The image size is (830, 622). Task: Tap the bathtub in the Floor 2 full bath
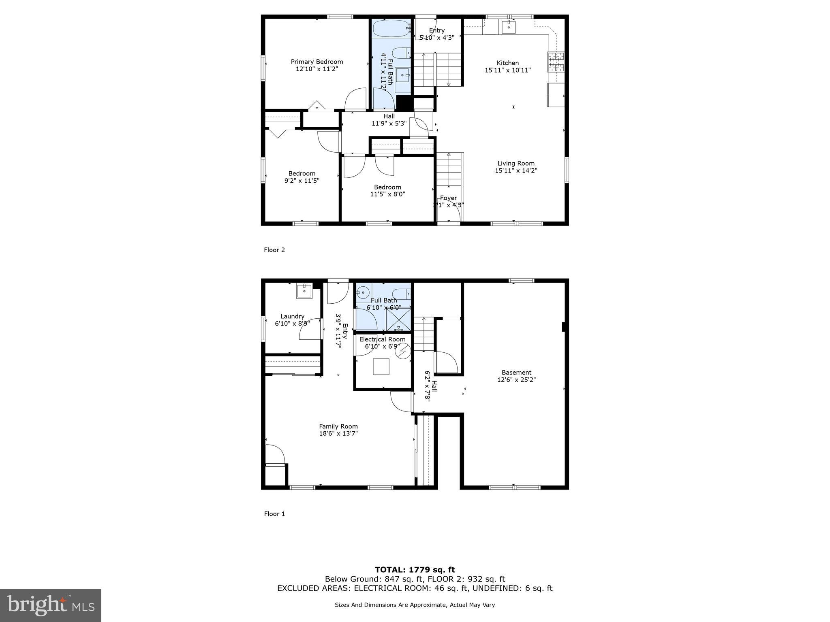(x=391, y=28)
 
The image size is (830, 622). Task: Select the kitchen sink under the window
(x=508, y=27)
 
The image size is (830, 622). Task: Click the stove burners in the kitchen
(x=556, y=62)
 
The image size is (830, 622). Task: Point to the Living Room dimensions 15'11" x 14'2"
(x=516, y=170)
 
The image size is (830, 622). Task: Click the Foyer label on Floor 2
(x=448, y=198)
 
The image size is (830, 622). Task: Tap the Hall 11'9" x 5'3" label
(x=389, y=120)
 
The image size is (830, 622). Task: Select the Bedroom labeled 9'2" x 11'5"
(x=302, y=177)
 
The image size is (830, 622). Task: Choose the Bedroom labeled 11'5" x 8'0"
(x=387, y=190)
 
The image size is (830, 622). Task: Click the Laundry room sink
(x=304, y=290)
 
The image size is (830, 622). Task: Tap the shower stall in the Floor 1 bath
(x=398, y=319)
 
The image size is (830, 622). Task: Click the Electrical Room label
(x=382, y=339)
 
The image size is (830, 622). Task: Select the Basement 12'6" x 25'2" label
(x=516, y=376)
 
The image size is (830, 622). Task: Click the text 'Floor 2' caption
(x=274, y=250)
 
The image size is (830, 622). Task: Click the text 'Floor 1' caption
(x=274, y=514)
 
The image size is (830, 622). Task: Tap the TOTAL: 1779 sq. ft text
(x=415, y=570)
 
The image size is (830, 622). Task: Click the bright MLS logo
(x=51, y=605)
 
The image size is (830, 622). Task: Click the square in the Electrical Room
(x=381, y=366)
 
